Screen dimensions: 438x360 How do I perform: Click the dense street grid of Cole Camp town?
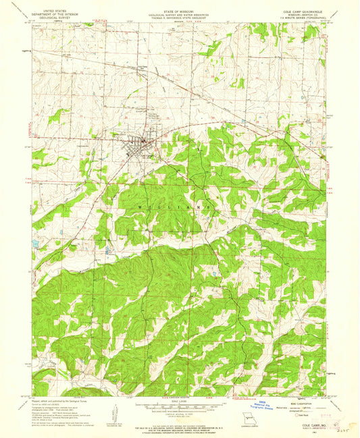pyautogui.click(x=140, y=145)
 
